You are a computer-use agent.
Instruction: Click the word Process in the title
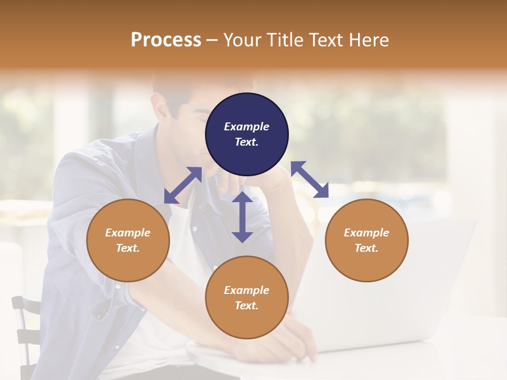166,40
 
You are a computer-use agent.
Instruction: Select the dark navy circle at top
247,134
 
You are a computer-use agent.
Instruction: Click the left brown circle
128,240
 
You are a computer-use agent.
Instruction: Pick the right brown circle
367,240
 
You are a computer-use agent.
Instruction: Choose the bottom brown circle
247,298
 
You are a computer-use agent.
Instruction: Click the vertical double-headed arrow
242,217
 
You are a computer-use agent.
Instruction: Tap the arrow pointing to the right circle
309,179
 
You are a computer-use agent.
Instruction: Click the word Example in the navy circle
247,127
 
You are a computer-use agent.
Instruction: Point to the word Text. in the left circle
128,248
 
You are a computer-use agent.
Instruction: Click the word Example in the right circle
367,233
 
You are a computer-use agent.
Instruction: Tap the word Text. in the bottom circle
247,306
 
